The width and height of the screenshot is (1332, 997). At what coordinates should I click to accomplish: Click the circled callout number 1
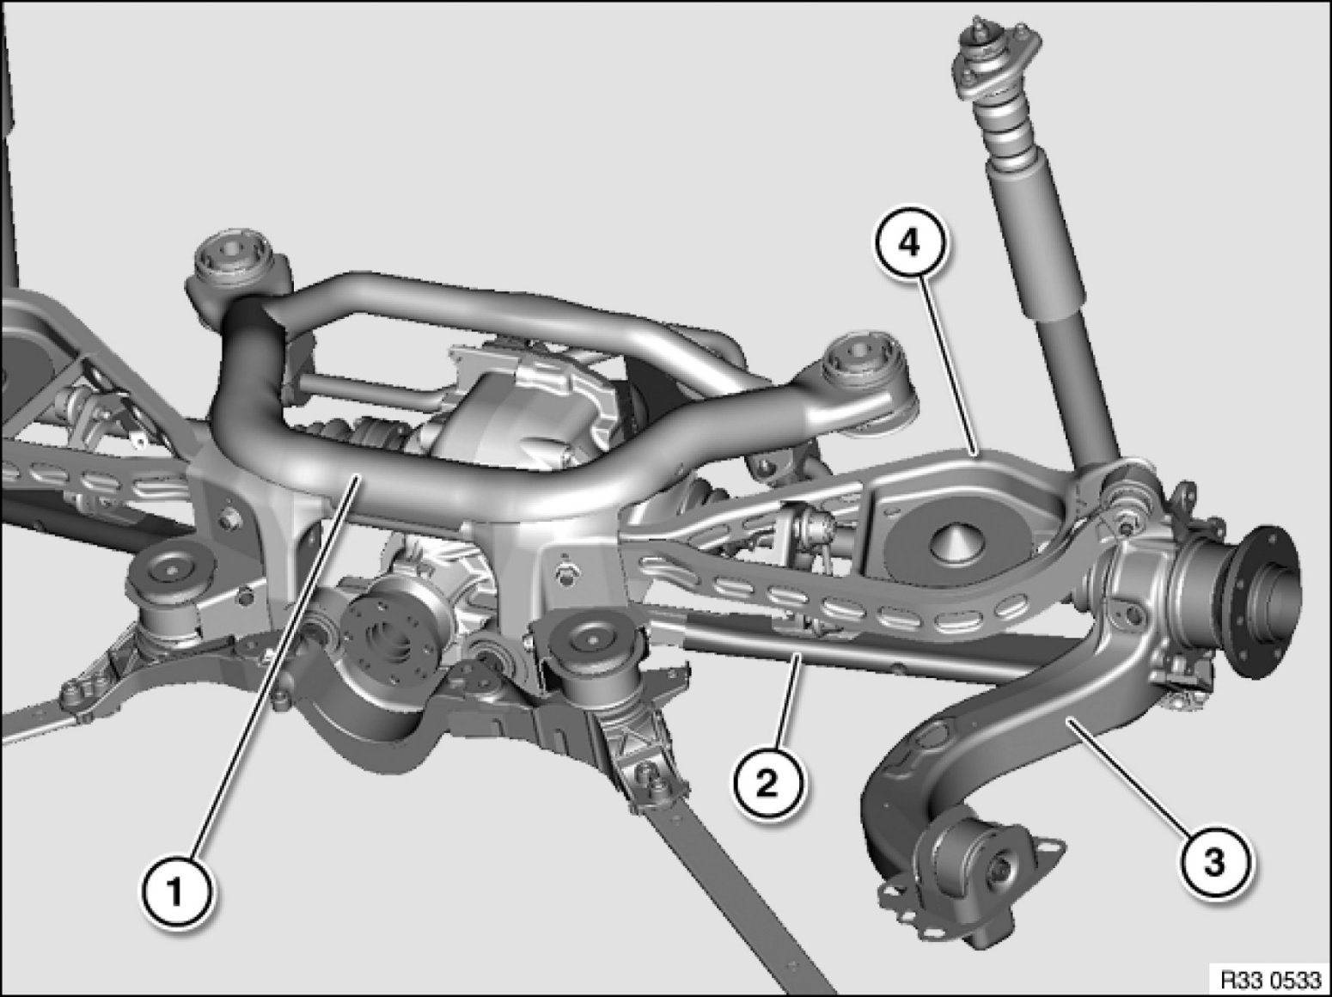(x=176, y=893)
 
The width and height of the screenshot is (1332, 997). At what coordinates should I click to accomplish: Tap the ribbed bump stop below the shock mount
(x=1005, y=127)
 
